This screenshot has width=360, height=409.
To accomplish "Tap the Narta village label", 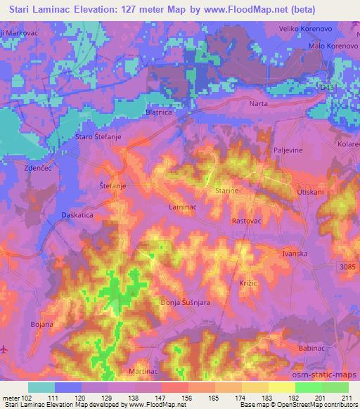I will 259,103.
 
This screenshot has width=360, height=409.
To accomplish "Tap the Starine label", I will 226,190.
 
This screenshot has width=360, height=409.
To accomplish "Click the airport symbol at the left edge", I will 5,349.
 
